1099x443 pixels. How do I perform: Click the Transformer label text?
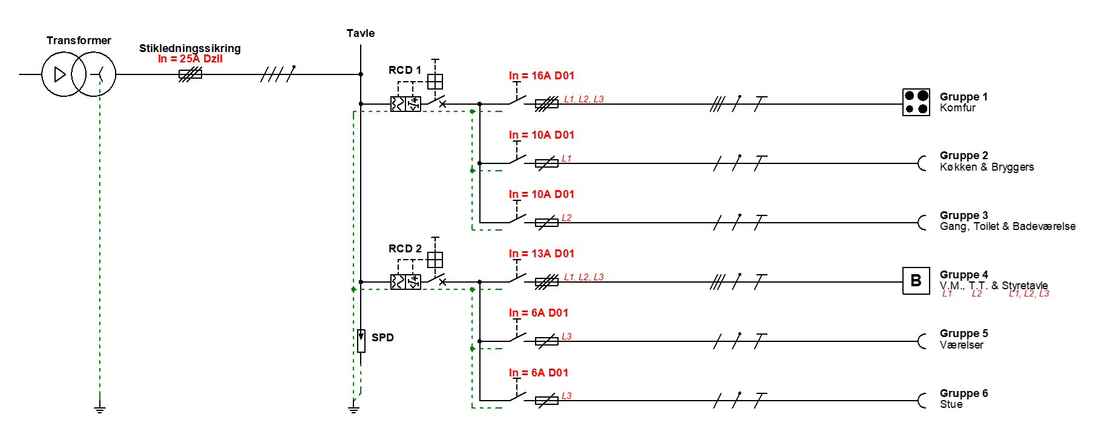tap(79, 41)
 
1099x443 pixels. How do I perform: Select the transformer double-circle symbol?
tap(79, 74)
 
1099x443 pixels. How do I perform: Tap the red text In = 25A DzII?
tap(190, 59)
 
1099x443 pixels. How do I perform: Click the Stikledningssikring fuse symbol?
tap(190, 74)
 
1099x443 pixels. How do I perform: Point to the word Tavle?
tap(361, 33)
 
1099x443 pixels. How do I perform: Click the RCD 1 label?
tap(405, 70)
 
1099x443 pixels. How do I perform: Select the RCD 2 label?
tap(405, 249)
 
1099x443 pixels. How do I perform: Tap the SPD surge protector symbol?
tap(361, 341)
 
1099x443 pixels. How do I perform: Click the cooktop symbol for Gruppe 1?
tap(916, 102)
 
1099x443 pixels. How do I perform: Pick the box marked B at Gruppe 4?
tap(916, 281)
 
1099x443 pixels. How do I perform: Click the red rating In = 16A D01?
tap(542, 76)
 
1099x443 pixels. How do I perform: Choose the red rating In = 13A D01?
tap(542, 254)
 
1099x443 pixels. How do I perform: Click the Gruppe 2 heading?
tap(964, 156)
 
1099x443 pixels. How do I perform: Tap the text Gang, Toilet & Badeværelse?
tap(1008, 226)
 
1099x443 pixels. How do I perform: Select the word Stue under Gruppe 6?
tap(951, 404)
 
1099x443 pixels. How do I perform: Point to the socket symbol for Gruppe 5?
tap(922, 341)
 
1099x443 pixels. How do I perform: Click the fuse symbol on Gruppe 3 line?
tap(547, 223)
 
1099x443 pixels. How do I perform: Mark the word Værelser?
tap(962, 345)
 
